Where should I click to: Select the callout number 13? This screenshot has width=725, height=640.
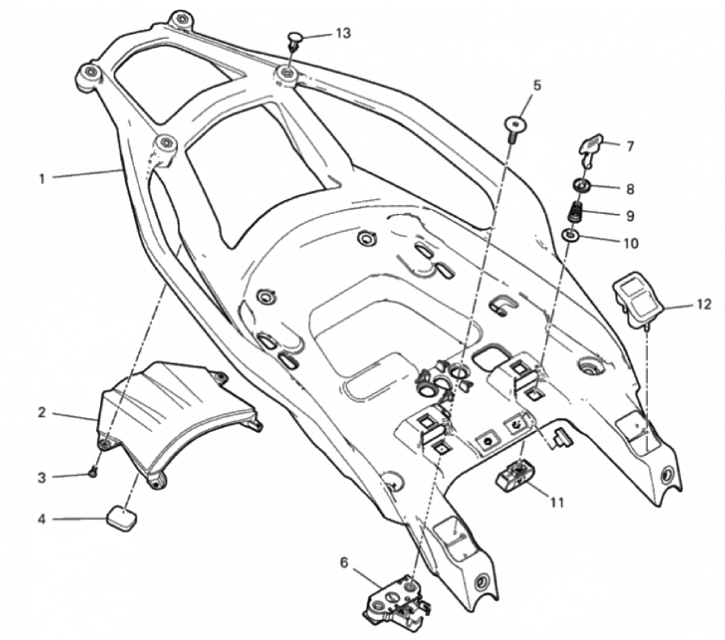click(344, 33)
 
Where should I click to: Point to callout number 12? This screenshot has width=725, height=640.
click(703, 305)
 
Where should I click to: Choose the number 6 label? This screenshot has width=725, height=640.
click(344, 562)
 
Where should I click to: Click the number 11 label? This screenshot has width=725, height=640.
click(556, 502)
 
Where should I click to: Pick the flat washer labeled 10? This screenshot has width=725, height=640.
click(572, 237)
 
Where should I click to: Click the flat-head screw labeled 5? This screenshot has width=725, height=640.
click(514, 127)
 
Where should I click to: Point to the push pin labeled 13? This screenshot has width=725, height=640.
click(295, 38)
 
